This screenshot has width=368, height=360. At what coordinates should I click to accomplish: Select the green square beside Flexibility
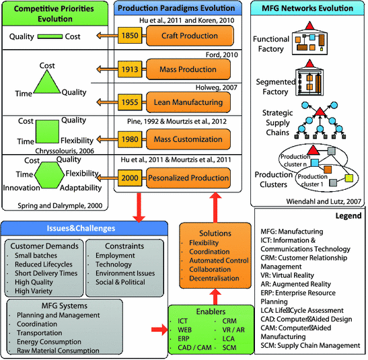coord(49,132)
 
